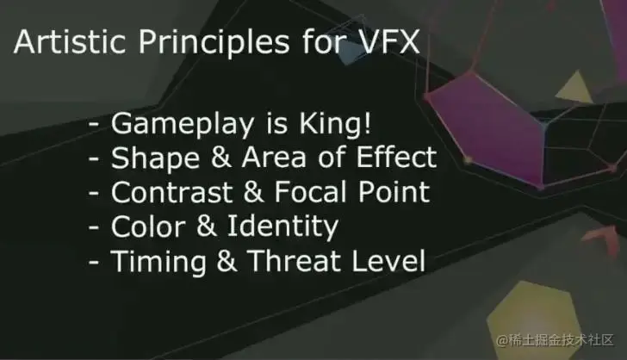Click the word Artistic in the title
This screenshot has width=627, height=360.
coord(70,41)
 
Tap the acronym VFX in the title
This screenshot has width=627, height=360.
coord(391,41)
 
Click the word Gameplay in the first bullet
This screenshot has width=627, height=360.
coord(182,125)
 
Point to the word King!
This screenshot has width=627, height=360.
coord(335,123)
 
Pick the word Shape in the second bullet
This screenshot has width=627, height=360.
coord(155,158)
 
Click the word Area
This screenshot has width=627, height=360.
coord(274,157)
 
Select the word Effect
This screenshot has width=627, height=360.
coord(396,157)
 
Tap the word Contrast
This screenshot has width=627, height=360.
coord(172,192)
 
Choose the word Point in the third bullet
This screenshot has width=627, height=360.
coord(394,191)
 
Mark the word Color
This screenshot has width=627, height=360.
coord(147,227)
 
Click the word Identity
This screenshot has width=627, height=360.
coord(282,228)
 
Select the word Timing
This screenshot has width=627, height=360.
coord(158,263)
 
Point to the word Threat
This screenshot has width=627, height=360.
coord(295,261)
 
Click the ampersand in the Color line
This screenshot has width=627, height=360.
coord(206,227)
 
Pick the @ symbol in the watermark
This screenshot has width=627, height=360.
coord(503,340)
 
